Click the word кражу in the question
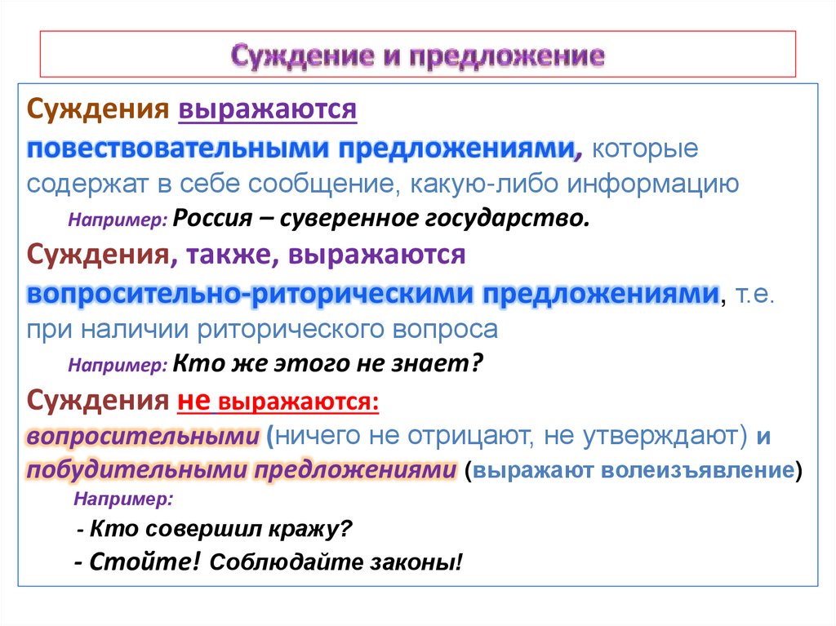308,528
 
